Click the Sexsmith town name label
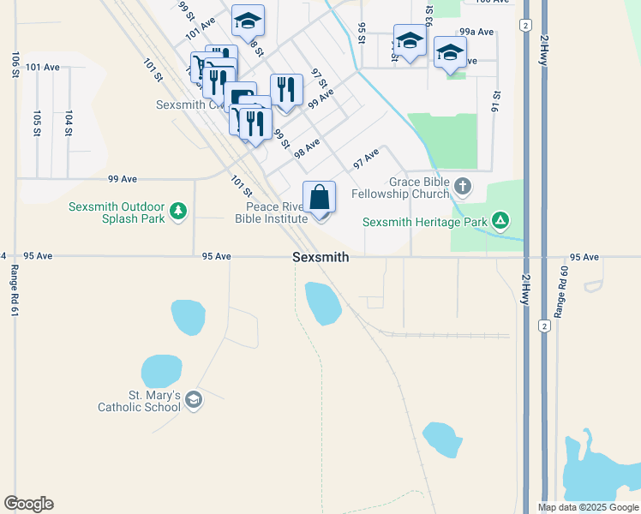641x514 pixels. point(320,257)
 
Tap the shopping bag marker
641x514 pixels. point(319,198)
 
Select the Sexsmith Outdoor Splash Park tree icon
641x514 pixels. point(178,211)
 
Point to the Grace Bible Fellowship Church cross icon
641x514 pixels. point(463,186)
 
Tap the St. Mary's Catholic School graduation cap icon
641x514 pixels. point(194,400)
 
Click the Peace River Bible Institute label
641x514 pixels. point(271,212)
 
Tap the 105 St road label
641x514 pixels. point(37,123)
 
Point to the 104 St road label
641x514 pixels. point(68,123)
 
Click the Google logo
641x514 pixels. point(28,504)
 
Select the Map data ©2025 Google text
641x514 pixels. point(588,507)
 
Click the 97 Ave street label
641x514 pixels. point(366,158)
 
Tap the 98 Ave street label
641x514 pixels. point(307,147)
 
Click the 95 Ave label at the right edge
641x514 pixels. point(584,257)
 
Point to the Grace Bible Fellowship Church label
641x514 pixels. point(418,188)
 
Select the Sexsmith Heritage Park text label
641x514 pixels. point(424,222)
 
